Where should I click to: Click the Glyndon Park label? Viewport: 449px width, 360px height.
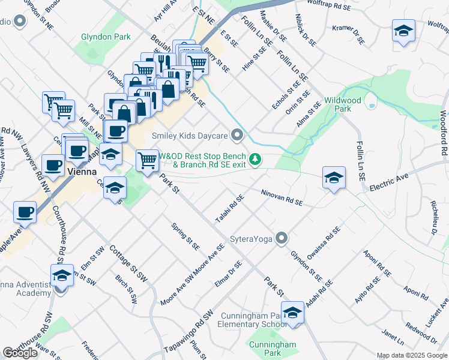pos(106,37)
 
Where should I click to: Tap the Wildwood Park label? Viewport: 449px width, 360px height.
pos(342,104)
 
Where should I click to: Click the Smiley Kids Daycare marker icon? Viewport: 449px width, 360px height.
pos(238,135)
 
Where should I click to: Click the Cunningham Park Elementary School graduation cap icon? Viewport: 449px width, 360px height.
pos(292,313)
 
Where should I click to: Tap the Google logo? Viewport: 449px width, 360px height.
pos(20,353)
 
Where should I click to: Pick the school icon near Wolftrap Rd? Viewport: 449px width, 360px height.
pos(403,30)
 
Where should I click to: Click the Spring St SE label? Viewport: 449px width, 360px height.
pos(185,236)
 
